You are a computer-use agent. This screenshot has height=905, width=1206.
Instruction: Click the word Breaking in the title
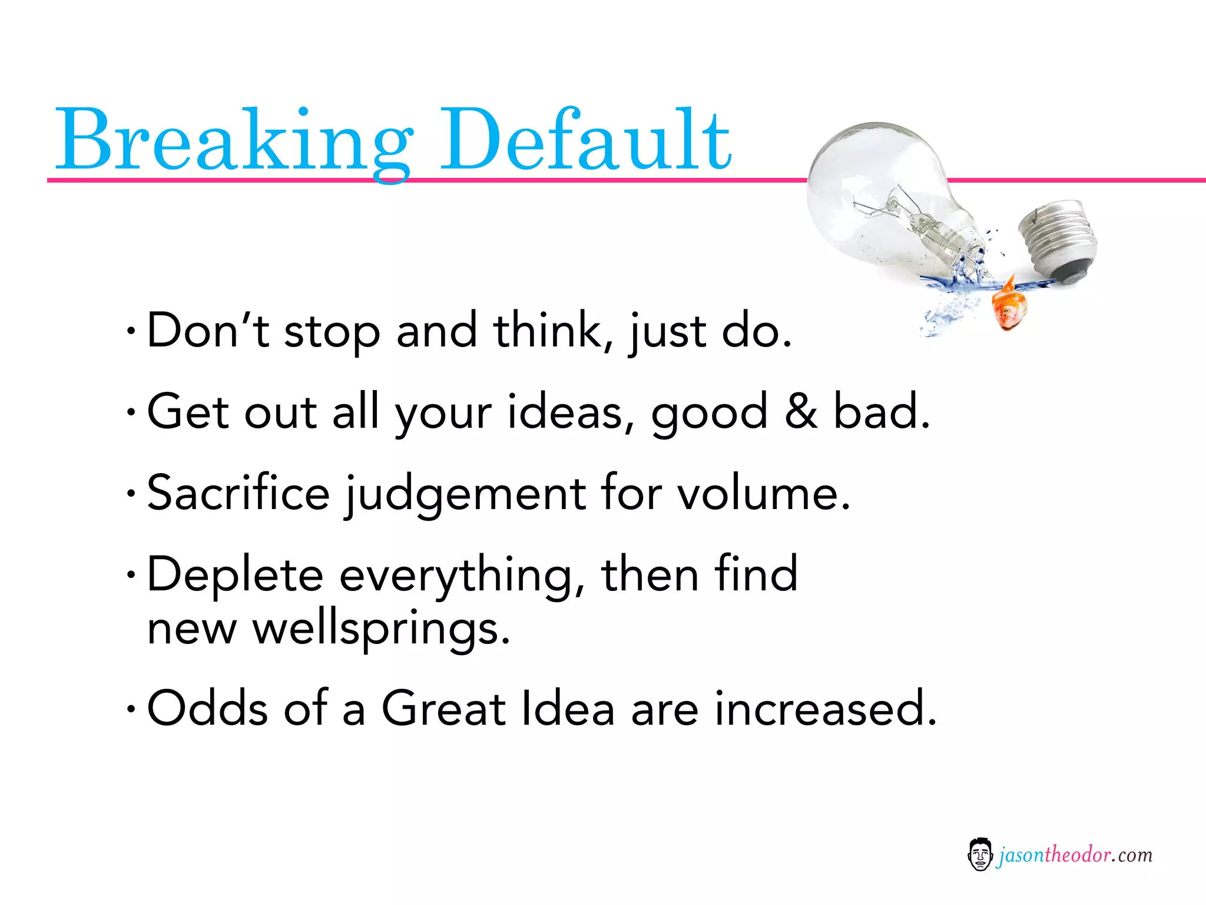pos(233,141)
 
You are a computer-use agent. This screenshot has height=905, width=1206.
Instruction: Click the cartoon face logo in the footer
pos(979,854)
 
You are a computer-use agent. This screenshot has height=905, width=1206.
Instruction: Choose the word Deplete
pos(235,574)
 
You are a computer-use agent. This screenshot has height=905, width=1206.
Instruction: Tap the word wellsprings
pos(381,629)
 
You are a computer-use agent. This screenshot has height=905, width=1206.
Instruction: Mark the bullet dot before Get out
pos(131,412)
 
